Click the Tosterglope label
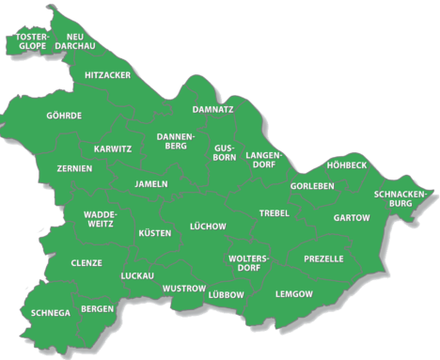(32, 40)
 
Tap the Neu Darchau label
(74, 40)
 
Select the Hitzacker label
(107, 74)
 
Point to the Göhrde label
(64, 116)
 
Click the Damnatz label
(212, 109)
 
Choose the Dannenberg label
(174, 141)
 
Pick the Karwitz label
(113, 149)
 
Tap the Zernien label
(73, 168)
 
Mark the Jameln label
(151, 183)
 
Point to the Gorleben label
(311, 186)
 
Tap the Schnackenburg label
(401, 198)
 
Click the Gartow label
(352, 217)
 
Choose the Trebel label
(275, 213)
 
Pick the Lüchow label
(208, 226)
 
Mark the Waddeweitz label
(99, 219)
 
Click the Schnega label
(50, 312)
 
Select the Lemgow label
(294, 294)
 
